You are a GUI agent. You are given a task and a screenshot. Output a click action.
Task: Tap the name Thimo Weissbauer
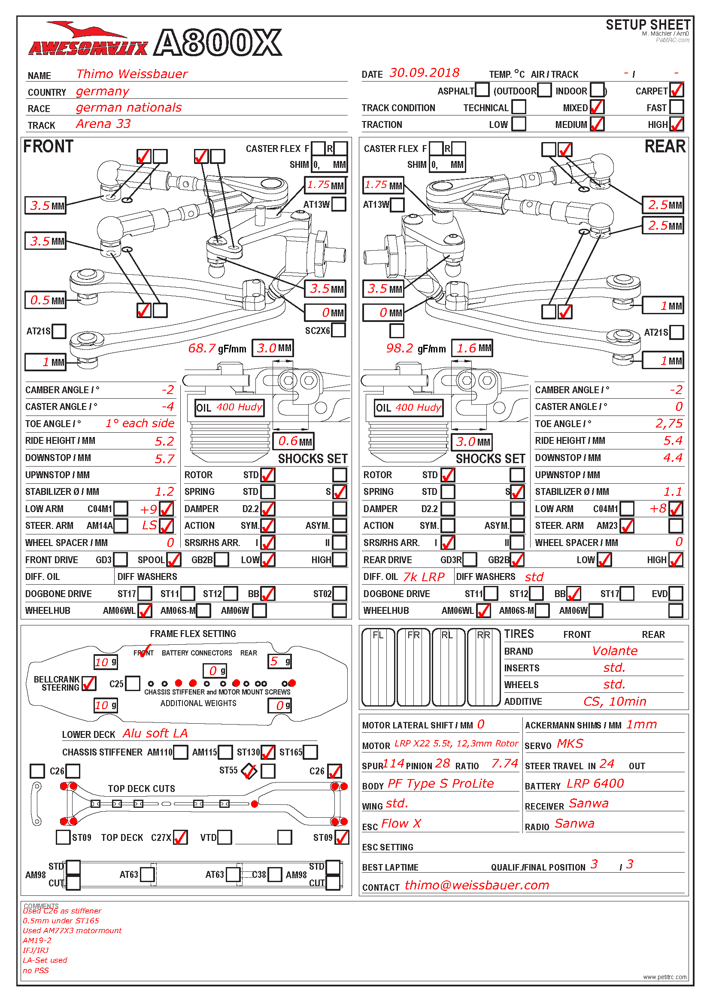(x=132, y=74)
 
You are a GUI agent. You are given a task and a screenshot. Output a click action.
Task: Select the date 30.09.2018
(x=424, y=73)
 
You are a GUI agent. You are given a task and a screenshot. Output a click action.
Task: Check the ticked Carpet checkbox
(x=677, y=90)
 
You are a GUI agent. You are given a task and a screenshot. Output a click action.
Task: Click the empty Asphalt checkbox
(x=482, y=90)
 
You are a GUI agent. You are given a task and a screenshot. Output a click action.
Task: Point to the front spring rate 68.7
(x=202, y=349)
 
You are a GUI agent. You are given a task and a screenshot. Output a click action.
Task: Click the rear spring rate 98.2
(x=399, y=349)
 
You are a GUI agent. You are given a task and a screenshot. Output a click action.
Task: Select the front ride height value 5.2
(x=164, y=441)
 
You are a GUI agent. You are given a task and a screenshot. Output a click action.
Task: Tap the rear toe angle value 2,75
(x=668, y=424)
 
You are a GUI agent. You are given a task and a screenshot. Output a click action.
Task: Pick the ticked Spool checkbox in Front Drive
(x=173, y=560)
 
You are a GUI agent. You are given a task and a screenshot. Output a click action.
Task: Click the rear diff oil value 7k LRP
(x=423, y=577)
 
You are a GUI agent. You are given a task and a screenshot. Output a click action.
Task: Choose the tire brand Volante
(x=614, y=651)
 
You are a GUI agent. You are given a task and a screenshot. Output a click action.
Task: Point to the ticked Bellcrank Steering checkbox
(x=89, y=683)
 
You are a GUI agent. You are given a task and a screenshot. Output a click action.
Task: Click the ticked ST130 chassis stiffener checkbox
(x=267, y=752)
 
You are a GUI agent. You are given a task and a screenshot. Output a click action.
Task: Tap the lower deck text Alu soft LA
(x=155, y=733)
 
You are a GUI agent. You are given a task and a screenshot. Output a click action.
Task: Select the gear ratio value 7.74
(x=504, y=764)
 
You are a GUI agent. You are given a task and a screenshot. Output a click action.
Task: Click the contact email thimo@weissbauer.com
(x=476, y=885)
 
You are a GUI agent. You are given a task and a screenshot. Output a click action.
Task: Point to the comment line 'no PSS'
(x=36, y=971)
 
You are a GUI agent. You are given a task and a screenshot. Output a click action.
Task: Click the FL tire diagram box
(x=378, y=667)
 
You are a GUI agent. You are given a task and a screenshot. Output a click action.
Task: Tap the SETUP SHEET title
(x=647, y=25)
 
